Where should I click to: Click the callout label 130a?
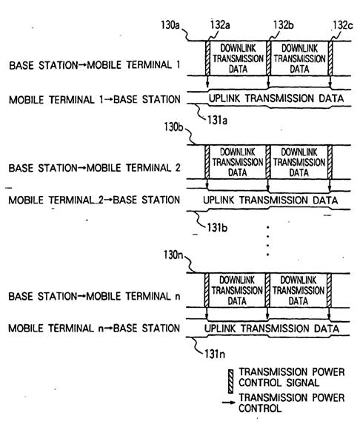170,25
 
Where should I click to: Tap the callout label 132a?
220,25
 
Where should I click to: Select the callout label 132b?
284,25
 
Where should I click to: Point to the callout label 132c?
343,25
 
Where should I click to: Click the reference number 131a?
217,121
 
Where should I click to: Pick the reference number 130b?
173,127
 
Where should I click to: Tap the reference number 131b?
217,227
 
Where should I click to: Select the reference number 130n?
173,255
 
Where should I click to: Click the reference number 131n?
215,354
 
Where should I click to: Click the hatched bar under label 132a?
207,58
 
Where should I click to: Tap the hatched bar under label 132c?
330,58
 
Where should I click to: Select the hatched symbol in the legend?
230,381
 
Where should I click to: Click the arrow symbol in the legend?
229,403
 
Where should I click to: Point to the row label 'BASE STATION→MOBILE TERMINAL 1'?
95,65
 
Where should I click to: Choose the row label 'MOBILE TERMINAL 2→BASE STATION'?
94,200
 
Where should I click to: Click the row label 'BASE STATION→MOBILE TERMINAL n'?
94,296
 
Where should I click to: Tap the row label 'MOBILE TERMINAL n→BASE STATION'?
94,328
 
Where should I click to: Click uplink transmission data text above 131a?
276,98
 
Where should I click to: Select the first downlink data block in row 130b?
238,162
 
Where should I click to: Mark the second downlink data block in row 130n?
299,290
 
